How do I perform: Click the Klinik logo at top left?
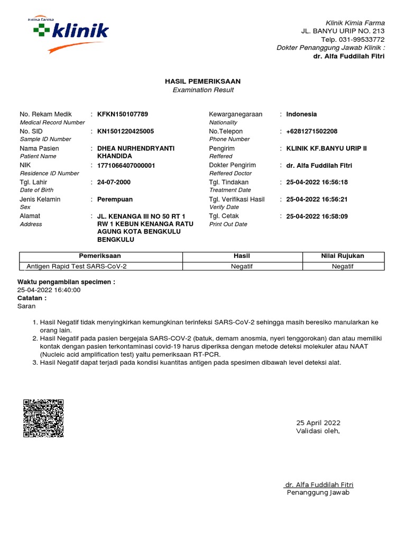click(x=69, y=34)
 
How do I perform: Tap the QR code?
click(x=43, y=418)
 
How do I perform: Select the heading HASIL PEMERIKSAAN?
click(x=203, y=82)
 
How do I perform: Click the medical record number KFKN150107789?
click(x=123, y=114)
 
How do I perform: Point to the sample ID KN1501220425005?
click(x=126, y=131)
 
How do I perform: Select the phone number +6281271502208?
click(x=312, y=131)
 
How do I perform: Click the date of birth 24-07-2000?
click(x=114, y=183)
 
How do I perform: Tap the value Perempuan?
click(x=115, y=200)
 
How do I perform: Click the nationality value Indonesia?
click(x=301, y=114)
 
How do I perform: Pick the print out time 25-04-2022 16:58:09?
click(x=317, y=216)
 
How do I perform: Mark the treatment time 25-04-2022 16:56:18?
click(x=317, y=183)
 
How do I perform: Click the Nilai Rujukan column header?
click(x=343, y=256)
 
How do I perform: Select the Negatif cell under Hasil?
click(x=242, y=266)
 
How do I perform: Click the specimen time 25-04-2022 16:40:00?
click(x=49, y=290)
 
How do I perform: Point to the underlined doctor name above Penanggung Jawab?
click(x=319, y=485)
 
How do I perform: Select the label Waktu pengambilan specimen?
click(x=66, y=282)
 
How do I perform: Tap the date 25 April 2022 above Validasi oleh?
click(x=318, y=423)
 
